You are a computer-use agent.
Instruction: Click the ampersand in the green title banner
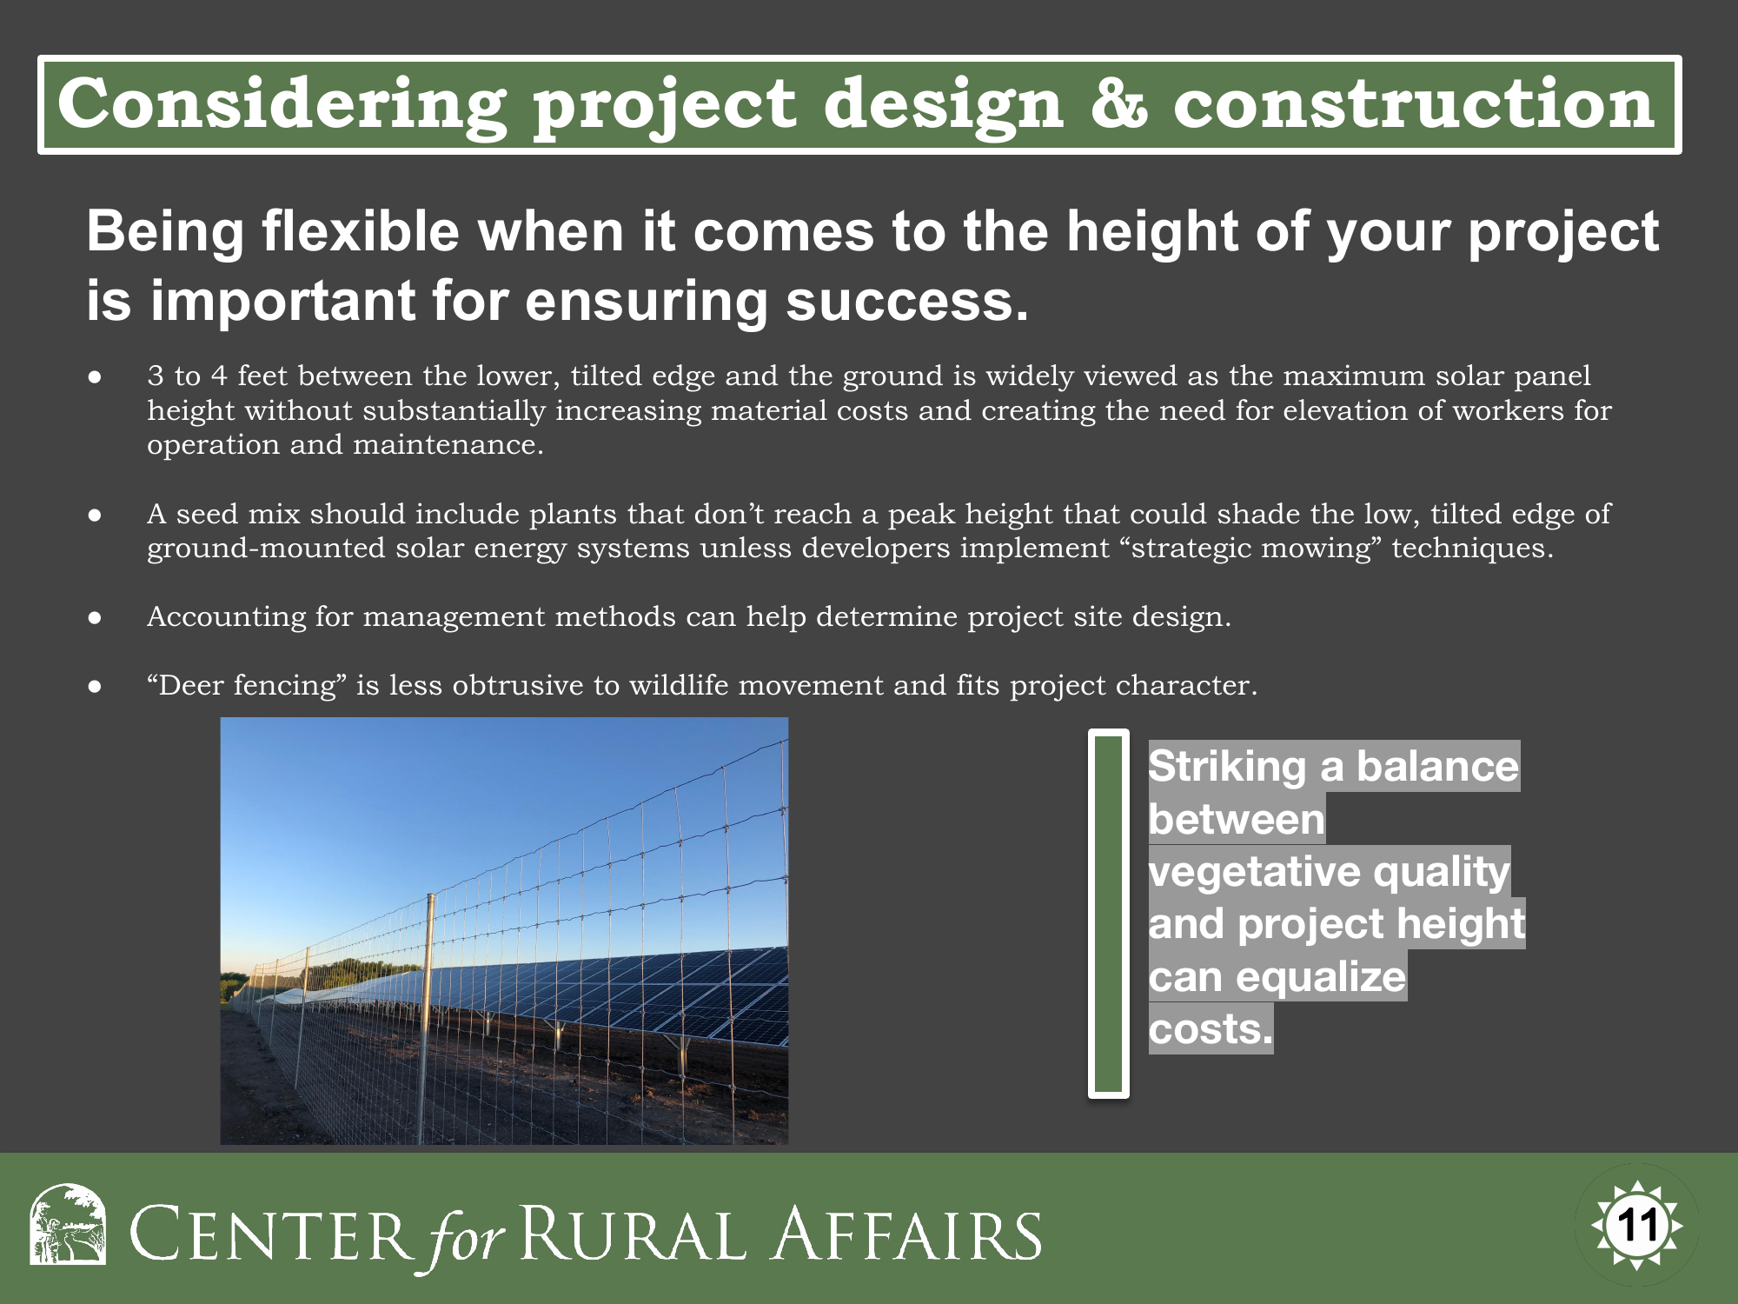tap(1119, 103)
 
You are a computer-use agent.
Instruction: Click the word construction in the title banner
tap(1414, 103)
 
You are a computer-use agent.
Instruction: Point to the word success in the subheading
tap(907, 301)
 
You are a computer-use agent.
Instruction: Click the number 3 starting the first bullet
tap(156, 376)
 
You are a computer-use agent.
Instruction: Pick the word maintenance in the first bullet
tap(448, 444)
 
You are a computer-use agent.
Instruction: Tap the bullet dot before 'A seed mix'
tap(96, 515)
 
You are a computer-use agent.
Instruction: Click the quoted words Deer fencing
tap(247, 686)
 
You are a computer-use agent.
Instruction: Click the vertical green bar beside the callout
tap(1109, 914)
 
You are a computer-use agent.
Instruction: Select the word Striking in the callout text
tap(1227, 767)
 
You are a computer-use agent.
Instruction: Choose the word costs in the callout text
tap(1211, 1029)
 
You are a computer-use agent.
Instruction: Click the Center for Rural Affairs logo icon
tap(68, 1224)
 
